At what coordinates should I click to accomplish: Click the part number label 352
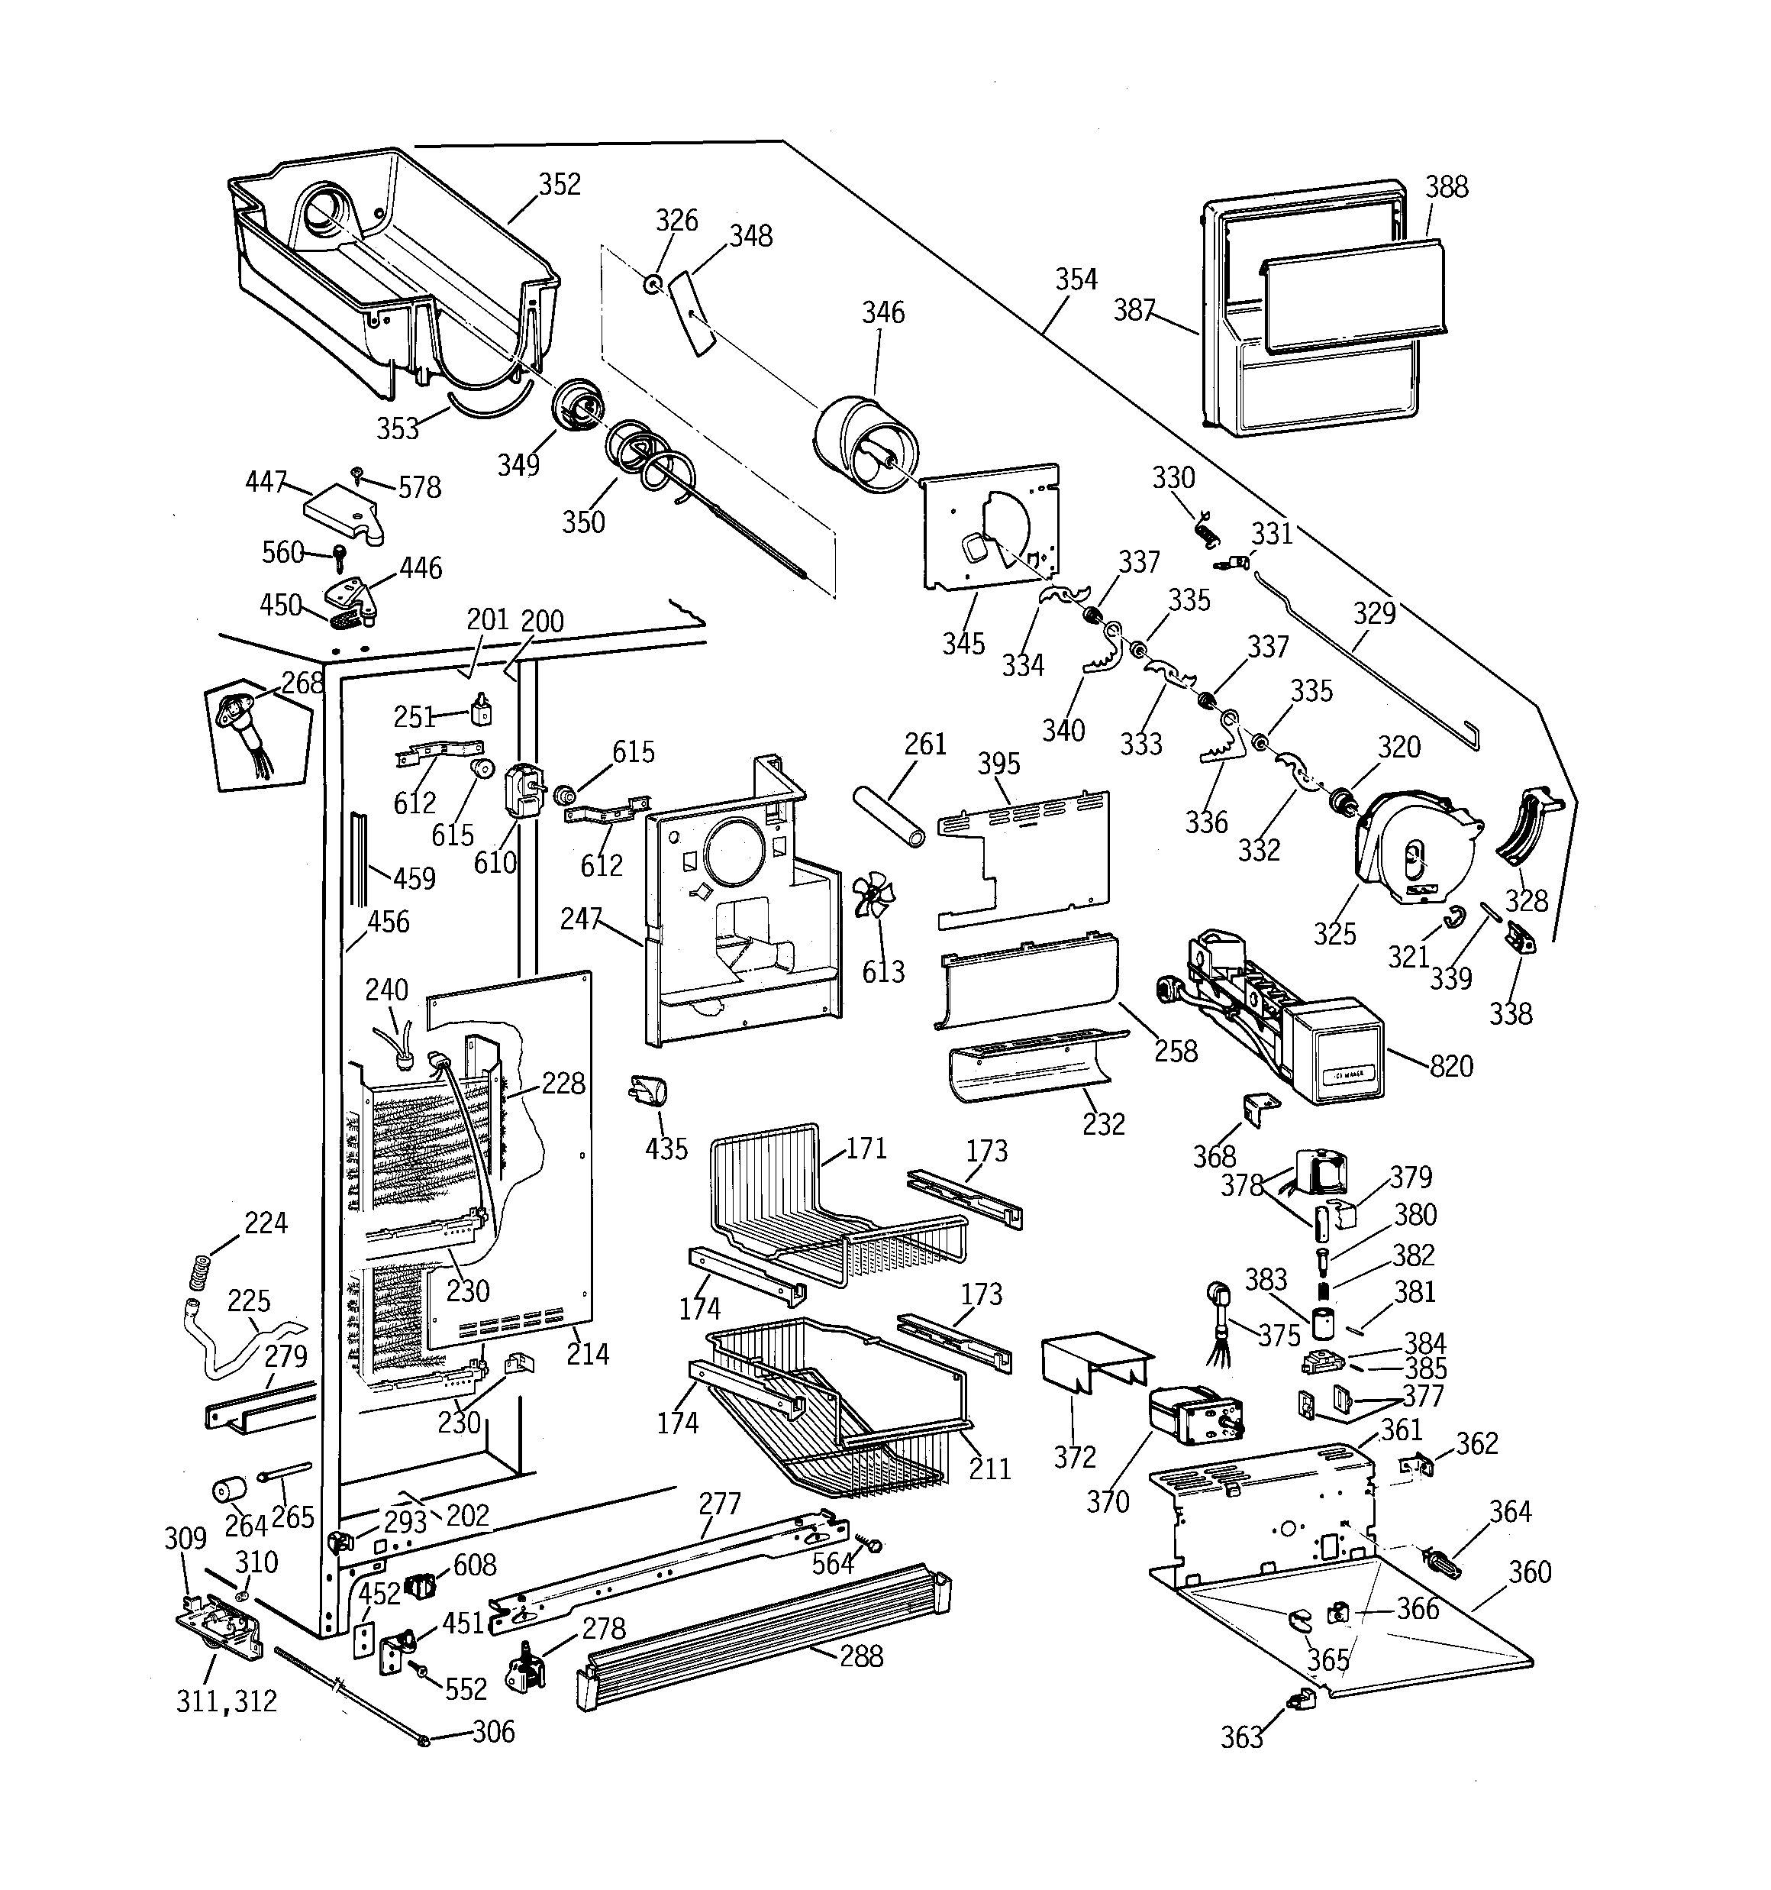(x=559, y=185)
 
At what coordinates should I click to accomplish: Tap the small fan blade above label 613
(x=872, y=897)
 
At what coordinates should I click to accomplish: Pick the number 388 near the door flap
(x=1446, y=187)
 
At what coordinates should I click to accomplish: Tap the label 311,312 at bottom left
(x=226, y=1701)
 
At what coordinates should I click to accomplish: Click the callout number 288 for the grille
(x=861, y=1656)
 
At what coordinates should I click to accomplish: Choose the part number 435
(x=666, y=1149)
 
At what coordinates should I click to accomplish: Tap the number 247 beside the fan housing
(x=581, y=919)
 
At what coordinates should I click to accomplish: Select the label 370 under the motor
(x=1108, y=1501)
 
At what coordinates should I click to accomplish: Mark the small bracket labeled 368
(x=1255, y=1109)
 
